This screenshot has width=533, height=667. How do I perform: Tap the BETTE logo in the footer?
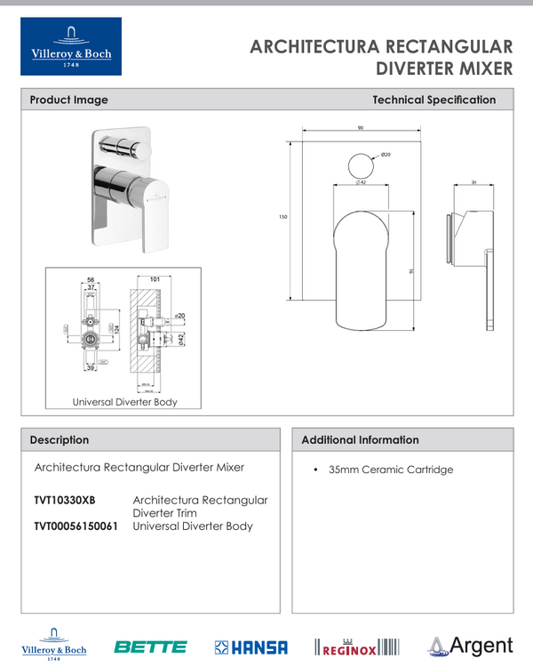150,647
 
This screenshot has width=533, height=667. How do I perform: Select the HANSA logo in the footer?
251,647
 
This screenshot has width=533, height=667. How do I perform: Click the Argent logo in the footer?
471,646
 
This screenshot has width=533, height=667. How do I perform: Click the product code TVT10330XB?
64,501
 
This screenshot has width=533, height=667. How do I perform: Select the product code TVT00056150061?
76,526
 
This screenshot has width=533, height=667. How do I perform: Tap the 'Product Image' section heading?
68,100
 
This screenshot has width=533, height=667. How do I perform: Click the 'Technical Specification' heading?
434,100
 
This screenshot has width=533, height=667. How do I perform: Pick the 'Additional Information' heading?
360,440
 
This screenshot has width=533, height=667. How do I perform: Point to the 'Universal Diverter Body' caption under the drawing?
124,402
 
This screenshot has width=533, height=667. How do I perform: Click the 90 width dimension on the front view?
360,129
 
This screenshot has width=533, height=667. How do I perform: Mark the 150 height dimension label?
282,217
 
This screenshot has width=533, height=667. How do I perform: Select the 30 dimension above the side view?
473,182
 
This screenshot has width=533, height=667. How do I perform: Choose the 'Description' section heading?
60,440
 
